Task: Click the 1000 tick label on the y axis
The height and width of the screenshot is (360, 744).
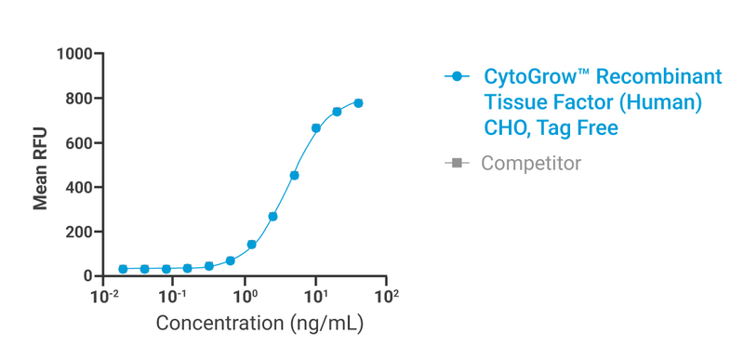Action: (73, 54)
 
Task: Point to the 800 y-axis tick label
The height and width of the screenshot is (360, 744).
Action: (77, 99)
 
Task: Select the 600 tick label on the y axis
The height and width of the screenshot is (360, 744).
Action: (77, 143)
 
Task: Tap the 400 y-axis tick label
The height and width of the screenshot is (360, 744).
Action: (77, 187)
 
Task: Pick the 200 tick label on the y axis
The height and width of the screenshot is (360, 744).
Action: (77, 232)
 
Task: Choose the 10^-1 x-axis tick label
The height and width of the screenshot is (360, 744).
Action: (173, 297)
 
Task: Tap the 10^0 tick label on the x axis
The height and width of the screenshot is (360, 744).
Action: (246, 297)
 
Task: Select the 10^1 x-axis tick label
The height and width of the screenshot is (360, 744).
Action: (316, 297)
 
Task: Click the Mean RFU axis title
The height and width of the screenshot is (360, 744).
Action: (41, 166)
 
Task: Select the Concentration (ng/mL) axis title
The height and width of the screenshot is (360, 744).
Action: (259, 325)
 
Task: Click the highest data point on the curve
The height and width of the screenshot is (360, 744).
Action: (358, 103)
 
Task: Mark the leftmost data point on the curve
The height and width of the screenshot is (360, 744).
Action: (123, 269)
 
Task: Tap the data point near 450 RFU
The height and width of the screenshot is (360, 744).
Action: (294, 175)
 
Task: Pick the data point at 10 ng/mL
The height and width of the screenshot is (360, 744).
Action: (316, 128)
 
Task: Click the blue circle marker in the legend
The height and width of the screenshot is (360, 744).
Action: (456, 77)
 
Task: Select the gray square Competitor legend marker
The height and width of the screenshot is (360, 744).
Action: (456, 164)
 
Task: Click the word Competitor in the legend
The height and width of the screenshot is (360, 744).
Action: (530, 164)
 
